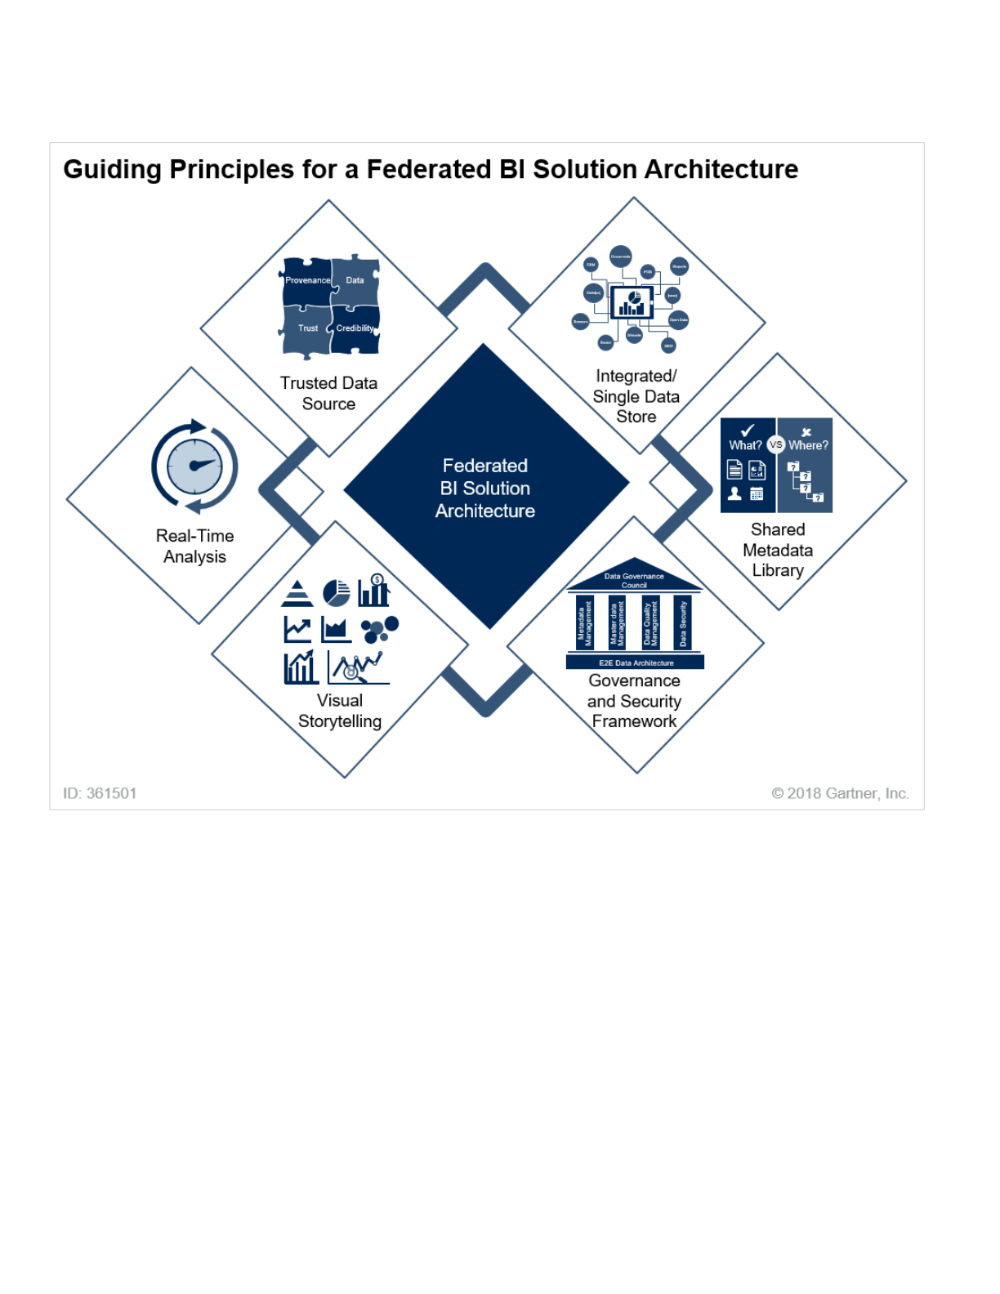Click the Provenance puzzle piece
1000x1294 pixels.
[x=307, y=282]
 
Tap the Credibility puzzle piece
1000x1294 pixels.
[x=355, y=328]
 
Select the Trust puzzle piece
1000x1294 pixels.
[x=307, y=328]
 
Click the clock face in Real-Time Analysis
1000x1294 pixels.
[x=194, y=466]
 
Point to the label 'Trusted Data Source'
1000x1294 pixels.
[x=328, y=393]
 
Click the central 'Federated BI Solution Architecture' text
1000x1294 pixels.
[x=485, y=488]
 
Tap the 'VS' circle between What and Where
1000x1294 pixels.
[x=776, y=445]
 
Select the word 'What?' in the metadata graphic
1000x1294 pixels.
[x=745, y=445]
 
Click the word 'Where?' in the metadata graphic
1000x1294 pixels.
[x=808, y=445]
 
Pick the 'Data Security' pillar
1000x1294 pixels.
[x=683, y=623]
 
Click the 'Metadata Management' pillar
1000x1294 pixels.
[x=585, y=623]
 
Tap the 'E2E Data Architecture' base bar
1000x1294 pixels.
[x=636, y=663]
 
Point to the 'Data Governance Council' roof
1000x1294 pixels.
[x=634, y=580]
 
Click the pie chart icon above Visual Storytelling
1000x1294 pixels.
[x=336, y=592]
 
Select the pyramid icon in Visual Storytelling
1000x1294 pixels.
[x=297, y=593]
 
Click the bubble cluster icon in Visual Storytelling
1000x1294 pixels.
[x=379, y=628]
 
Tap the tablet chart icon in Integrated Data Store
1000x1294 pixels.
[x=632, y=303]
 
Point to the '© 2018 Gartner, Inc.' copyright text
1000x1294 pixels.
[x=840, y=793]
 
